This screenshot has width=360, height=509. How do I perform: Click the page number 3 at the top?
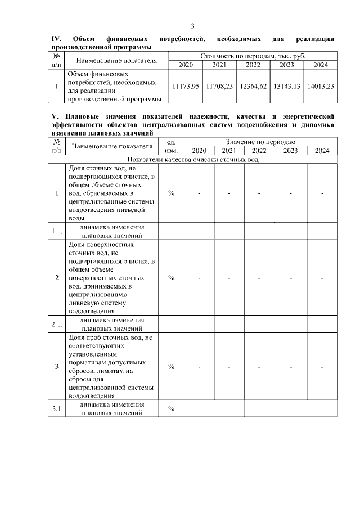(x=193, y=26)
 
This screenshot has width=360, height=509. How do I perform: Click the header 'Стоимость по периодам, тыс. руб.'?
(x=253, y=56)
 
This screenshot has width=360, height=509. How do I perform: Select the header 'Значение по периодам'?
(x=260, y=142)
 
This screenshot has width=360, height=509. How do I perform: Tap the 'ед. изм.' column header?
(x=171, y=147)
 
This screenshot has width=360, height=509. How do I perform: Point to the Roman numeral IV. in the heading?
(x=56, y=39)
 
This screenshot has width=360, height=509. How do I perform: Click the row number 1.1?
(x=56, y=231)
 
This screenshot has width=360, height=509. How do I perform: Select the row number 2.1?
(x=56, y=325)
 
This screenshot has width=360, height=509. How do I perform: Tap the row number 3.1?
(x=56, y=408)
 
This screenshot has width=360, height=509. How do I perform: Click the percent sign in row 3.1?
(x=171, y=408)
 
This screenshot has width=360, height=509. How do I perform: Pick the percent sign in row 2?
(x=171, y=278)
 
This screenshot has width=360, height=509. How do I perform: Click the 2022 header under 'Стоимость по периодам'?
(x=253, y=65)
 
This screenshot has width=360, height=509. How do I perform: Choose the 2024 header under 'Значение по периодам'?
(x=322, y=151)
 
